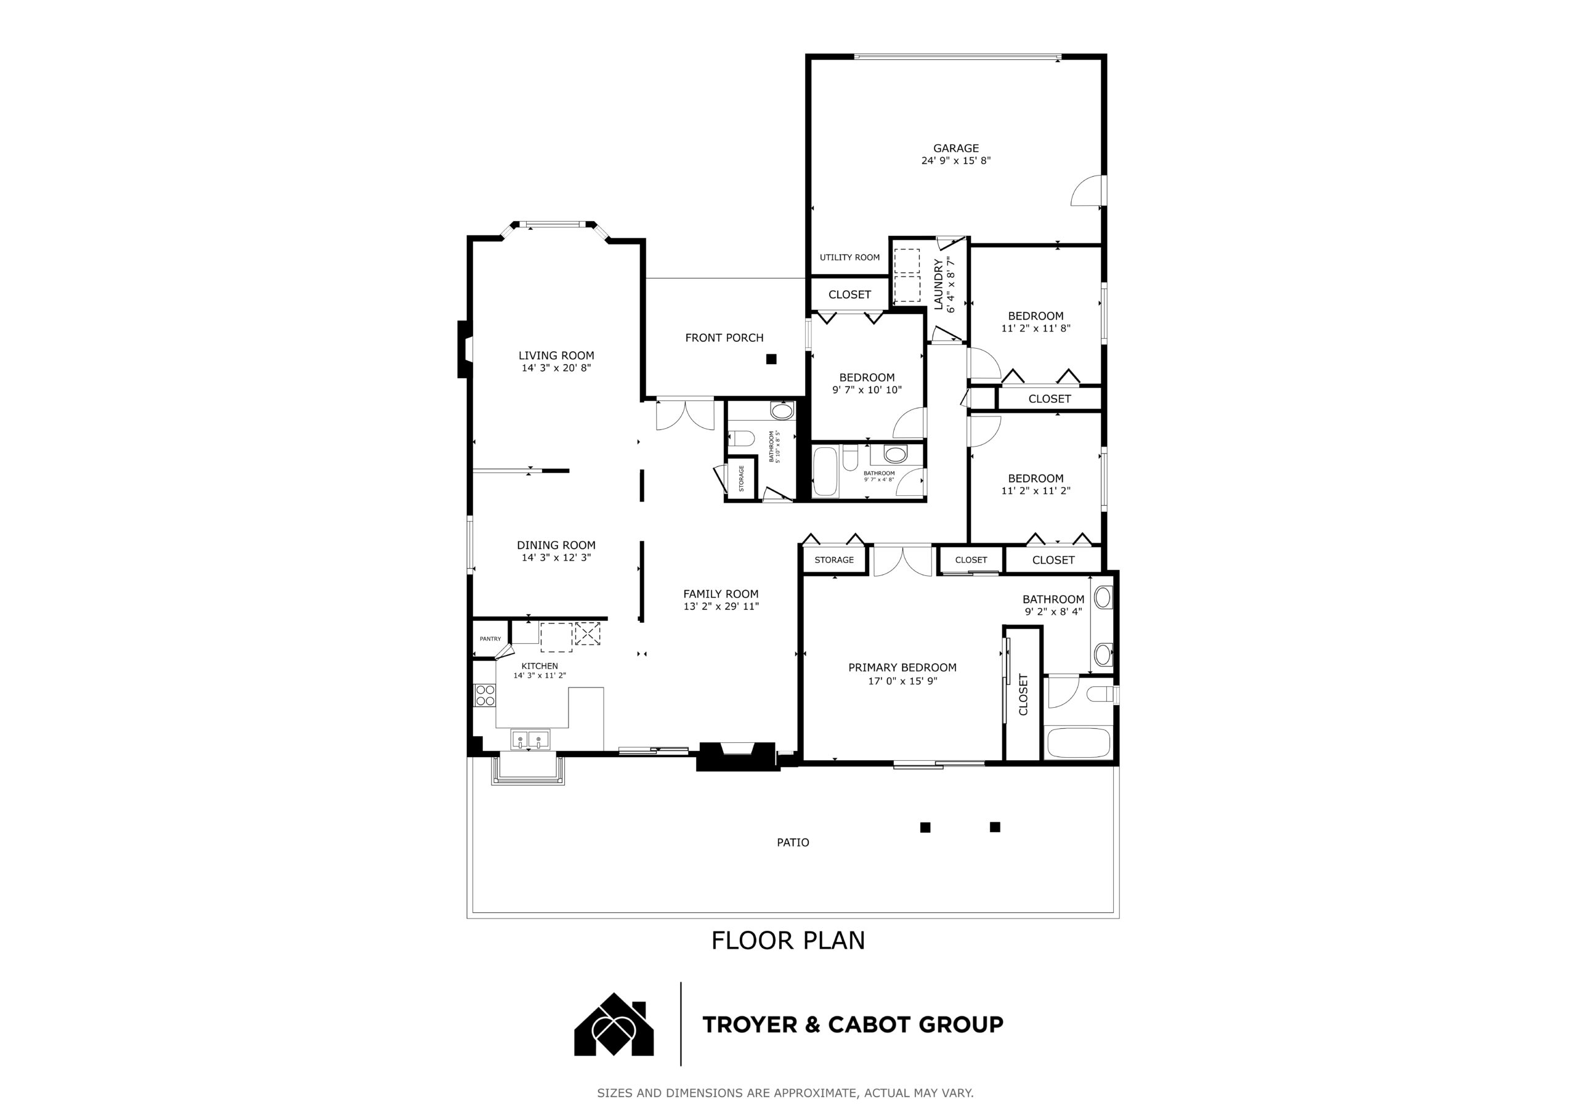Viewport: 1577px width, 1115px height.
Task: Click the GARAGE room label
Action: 955,148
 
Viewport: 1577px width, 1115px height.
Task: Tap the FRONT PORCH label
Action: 724,338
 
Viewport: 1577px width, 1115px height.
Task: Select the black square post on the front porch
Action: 771,359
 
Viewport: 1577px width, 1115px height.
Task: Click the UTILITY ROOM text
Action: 849,257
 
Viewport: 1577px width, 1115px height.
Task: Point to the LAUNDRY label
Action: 938,284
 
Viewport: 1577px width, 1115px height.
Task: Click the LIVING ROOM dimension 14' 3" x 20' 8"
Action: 556,368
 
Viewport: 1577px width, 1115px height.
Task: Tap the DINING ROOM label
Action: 556,545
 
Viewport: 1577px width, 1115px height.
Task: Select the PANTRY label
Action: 490,639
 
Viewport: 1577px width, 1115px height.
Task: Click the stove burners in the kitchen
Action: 485,695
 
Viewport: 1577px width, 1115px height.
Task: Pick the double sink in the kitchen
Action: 530,740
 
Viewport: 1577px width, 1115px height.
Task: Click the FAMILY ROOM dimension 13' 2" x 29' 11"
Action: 721,607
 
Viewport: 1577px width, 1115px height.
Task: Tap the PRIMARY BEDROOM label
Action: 902,667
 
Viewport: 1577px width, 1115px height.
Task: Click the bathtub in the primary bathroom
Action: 1077,742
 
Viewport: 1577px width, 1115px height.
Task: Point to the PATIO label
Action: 793,842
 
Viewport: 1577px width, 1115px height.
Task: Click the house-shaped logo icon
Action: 614,1024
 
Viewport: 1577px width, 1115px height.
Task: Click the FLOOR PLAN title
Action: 788,941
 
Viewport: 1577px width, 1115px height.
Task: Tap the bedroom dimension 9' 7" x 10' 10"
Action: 867,389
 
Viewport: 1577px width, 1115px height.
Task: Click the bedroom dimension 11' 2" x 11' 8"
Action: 1036,328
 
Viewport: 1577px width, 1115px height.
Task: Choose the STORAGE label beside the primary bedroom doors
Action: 835,560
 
